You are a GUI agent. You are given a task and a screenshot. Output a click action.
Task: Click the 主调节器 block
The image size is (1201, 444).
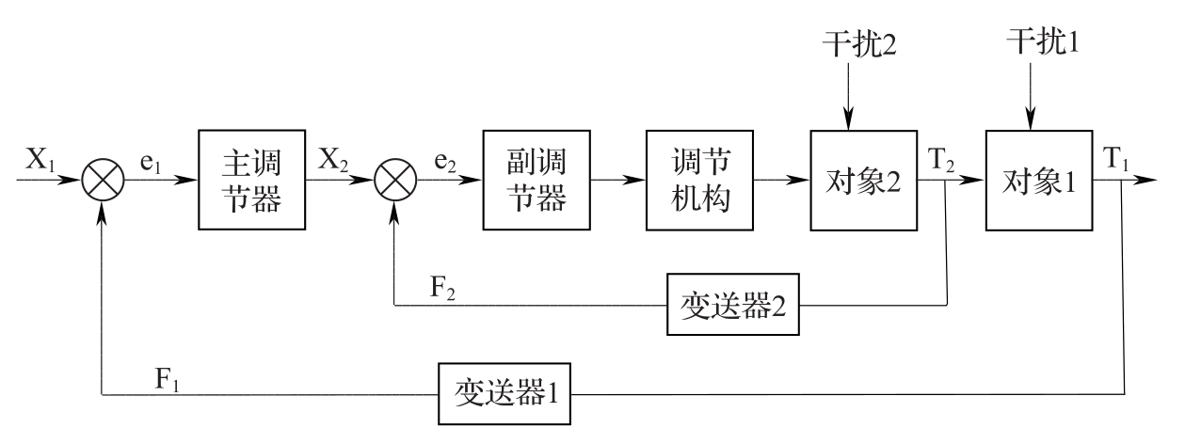coord(252,180)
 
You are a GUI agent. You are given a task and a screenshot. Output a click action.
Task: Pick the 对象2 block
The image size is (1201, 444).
coord(863,180)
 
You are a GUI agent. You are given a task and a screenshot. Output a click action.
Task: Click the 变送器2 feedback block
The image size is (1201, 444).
coord(733,306)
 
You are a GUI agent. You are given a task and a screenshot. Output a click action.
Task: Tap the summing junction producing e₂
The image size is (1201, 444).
coord(394,180)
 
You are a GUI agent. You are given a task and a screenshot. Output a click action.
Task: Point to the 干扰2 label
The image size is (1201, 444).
coord(856,43)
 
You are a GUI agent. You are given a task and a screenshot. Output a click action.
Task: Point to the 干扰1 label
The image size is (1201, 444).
coord(1039,41)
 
